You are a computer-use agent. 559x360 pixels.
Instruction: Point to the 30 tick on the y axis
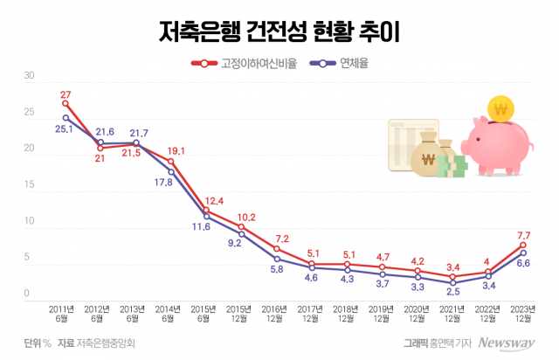click(x=28, y=76)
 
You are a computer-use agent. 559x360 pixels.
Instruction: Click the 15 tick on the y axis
click(x=28, y=185)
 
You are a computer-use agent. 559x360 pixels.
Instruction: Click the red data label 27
click(x=66, y=93)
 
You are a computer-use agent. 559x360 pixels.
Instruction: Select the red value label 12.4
click(x=213, y=201)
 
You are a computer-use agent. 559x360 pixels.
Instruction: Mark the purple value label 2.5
click(x=452, y=292)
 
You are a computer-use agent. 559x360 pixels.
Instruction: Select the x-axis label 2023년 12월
click(x=523, y=312)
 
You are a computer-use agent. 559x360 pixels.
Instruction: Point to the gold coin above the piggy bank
click(x=500, y=108)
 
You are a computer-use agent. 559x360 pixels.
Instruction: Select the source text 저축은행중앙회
click(x=106, y=343)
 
